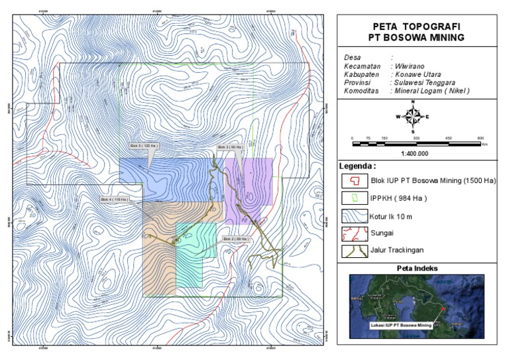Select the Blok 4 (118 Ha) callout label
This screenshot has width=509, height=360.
(114, 199)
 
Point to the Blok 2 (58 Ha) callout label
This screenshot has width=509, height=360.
(235, 239)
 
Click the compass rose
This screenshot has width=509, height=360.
(412, 117)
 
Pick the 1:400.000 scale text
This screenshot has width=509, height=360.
(414, 153)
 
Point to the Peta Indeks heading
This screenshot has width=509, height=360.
(416, 269)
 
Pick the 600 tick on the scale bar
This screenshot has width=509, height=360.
(481, 138)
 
